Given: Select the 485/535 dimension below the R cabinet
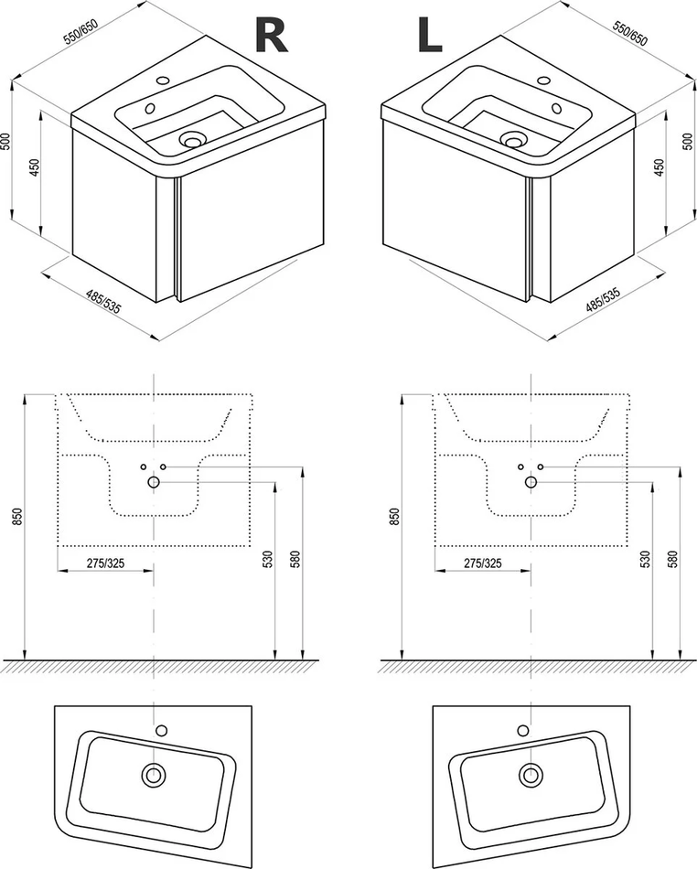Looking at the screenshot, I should [103, 300].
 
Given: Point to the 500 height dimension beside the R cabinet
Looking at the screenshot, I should [8, 145].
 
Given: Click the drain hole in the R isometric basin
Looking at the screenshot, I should [192, 140].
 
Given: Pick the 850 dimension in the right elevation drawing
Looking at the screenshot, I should [395, 518].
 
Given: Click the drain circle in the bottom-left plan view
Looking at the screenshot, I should [153, 775].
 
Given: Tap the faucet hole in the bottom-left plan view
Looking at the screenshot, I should [162, 730].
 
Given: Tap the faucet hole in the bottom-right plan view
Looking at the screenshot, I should [521, 730].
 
